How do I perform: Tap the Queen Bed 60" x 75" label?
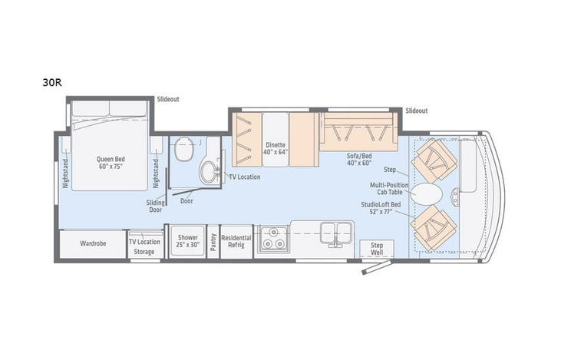pyautogui.click(x=111, y=163)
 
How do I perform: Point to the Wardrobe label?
pyautogui.click(x=92, y=243)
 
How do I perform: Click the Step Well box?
pyautogui.click(x=376, y=248)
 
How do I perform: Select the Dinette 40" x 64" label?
pyautogui.click(x=276, y=148)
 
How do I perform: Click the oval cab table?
pyautogui.click(x=426, y=193)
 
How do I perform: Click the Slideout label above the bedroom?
pyautogui.click(x=167, y=99)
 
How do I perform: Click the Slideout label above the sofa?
pyautogui.click(x=417, y=111)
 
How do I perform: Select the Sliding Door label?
pyautogui.click(x=157, y=205)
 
